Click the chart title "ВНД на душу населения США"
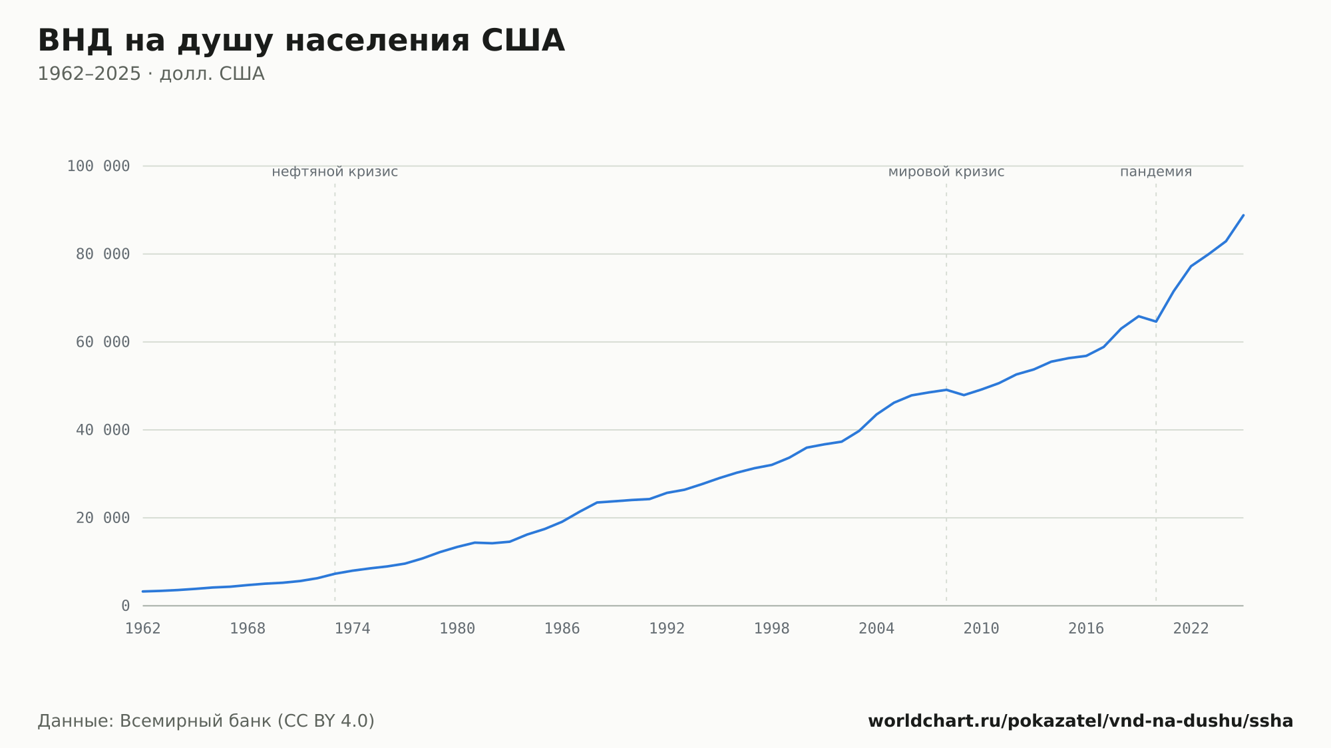pos(301,41)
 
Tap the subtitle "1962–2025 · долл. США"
pos(151,74)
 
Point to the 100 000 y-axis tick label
pos(98,166)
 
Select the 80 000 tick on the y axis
pos(102,254)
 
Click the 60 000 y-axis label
pos(102,342)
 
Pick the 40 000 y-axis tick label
pos(102,430)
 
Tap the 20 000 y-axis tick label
pos(102,518)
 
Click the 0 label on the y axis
pos(126,606)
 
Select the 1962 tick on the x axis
pos(143,629)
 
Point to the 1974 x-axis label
pos(353,629)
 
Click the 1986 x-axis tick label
pos(562,629)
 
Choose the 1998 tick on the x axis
pos(772,629)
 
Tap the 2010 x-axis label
pos(982,629)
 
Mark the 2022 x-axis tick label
pos(1191,629)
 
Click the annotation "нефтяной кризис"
pos(335,172)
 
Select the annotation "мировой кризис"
pos(946,172)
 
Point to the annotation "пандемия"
pos(1156,172)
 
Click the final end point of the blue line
pos(1243,215)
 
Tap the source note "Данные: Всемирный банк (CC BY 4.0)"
pos(206,721)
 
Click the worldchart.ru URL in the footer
pos(1081,721)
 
